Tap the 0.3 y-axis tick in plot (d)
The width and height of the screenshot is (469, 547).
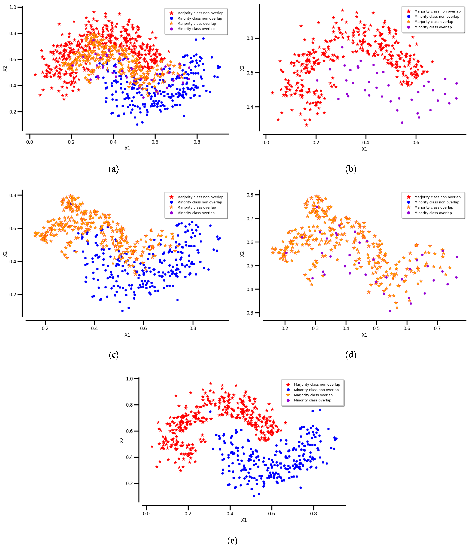tap(250, 313)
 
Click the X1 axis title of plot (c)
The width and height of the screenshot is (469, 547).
tap(127, 335)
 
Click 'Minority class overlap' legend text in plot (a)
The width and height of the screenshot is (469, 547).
tap(196, 29)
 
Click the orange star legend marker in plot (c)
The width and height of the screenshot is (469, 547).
tap(172, 208)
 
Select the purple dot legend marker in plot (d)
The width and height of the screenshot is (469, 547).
tap(409, 213)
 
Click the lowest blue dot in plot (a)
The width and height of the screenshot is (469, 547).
tap(137, 124)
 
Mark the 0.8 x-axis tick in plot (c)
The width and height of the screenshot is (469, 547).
tap(193, 328)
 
